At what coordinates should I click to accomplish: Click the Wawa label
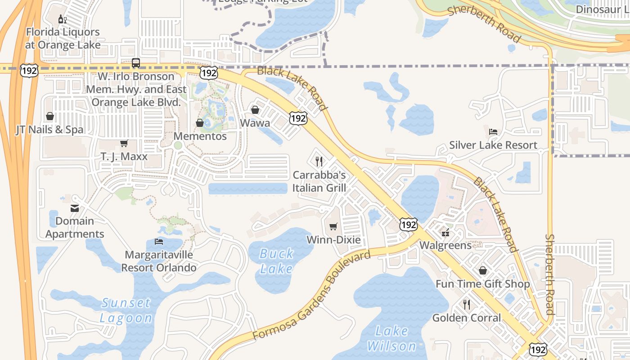click(x=255, y=123)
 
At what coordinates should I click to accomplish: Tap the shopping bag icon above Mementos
click(x=200, y=123)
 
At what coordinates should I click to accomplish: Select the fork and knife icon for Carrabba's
click(x=319, y=162)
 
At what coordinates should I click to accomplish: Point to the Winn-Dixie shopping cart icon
click(x=333, y=226)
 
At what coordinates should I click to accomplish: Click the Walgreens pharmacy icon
click(x=445, y=233)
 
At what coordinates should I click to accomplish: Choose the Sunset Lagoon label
click(x=126, y=310)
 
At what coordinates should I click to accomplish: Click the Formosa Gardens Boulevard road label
click(x=311, y=295)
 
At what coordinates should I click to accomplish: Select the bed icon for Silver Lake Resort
click(x=493, y=132)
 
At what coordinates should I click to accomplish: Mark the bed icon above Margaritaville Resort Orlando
click(x=159, y=242)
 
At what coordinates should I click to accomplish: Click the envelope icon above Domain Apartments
click(x=75, y=208)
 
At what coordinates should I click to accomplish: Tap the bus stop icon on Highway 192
click(x=136, y=63)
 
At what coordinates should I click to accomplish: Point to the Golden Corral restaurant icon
click(x=467, y=305)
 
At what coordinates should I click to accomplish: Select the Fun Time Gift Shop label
click(x=482, y=284)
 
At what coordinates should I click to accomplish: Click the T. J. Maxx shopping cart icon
click(x=124, y=144)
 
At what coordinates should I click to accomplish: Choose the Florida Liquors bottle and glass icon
click(x=63, y=19)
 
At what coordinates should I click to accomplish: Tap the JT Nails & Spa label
click(x=49, y=130)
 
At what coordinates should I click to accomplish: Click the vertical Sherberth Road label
click(x=549, y=274)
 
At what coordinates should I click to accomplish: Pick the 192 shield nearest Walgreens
click(x=409, y=224)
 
